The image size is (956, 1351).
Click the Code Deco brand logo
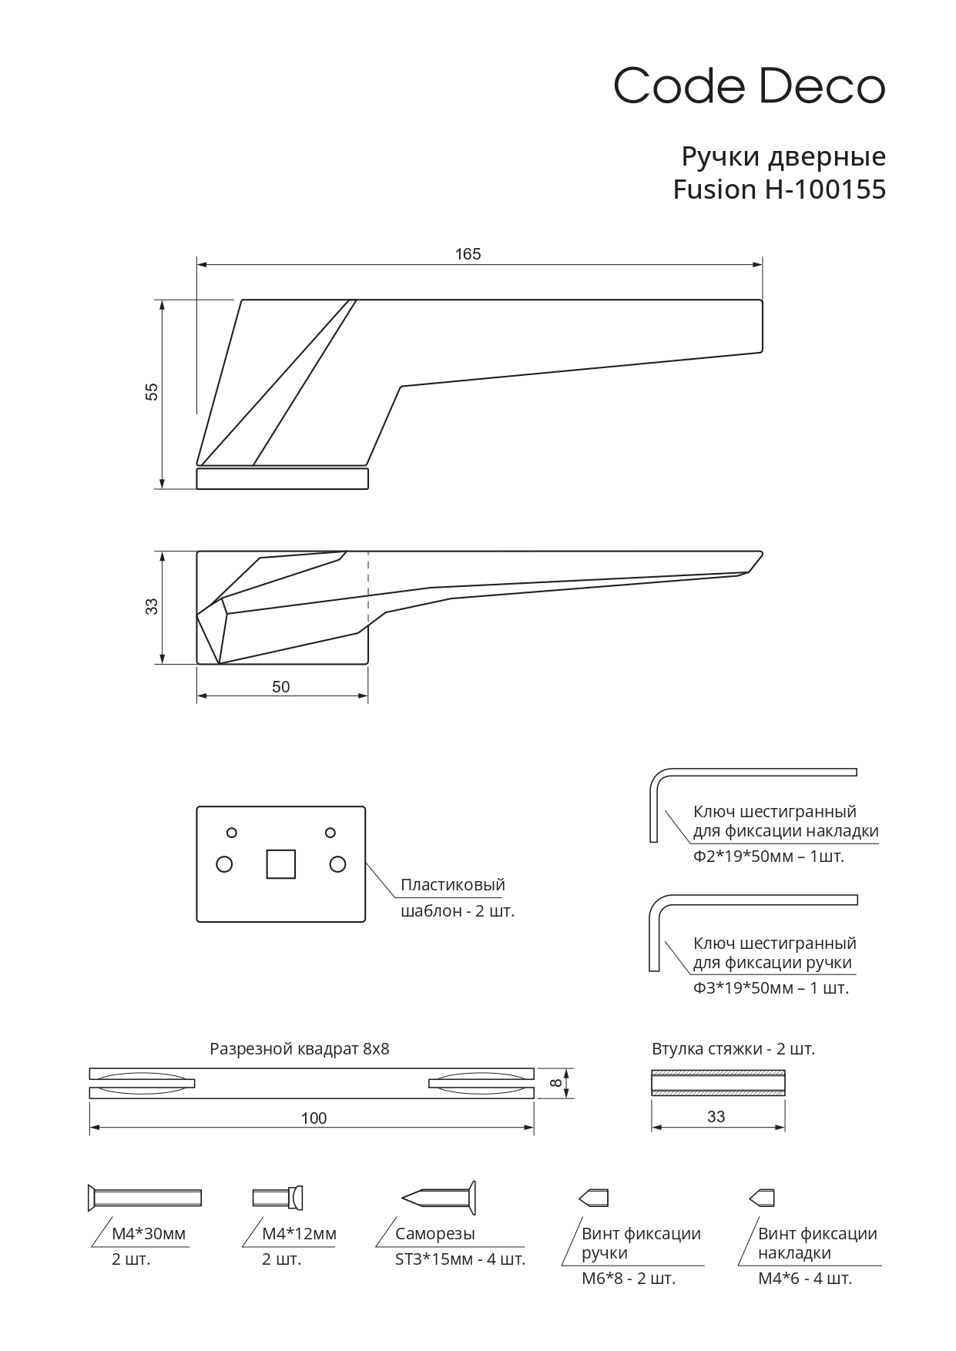tap(749, 85)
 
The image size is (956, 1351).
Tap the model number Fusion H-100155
tap(779, 189)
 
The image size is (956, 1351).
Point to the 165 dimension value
tap(468, 254)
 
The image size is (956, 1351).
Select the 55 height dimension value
tap(152, 391)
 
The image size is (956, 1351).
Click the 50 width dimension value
tap(281, 687)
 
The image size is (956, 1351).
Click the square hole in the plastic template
tap(280, 864)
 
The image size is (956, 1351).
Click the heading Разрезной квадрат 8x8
tap(300, 1049)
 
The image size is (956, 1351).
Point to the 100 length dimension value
tap(314, 1118)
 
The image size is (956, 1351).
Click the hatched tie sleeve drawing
tap(718, 1083)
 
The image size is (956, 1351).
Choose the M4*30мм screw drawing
tap(145, 1197)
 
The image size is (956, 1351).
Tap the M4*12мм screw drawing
tap(278, 1197)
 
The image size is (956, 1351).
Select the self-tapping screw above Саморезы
tap(439, 1198)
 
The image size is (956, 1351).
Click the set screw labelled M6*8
tap(594, 1198)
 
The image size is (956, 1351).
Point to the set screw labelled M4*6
tap(762, 1198)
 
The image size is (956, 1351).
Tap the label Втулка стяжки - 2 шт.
tap(733, 1049)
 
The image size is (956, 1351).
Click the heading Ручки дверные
tap(783, 157)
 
